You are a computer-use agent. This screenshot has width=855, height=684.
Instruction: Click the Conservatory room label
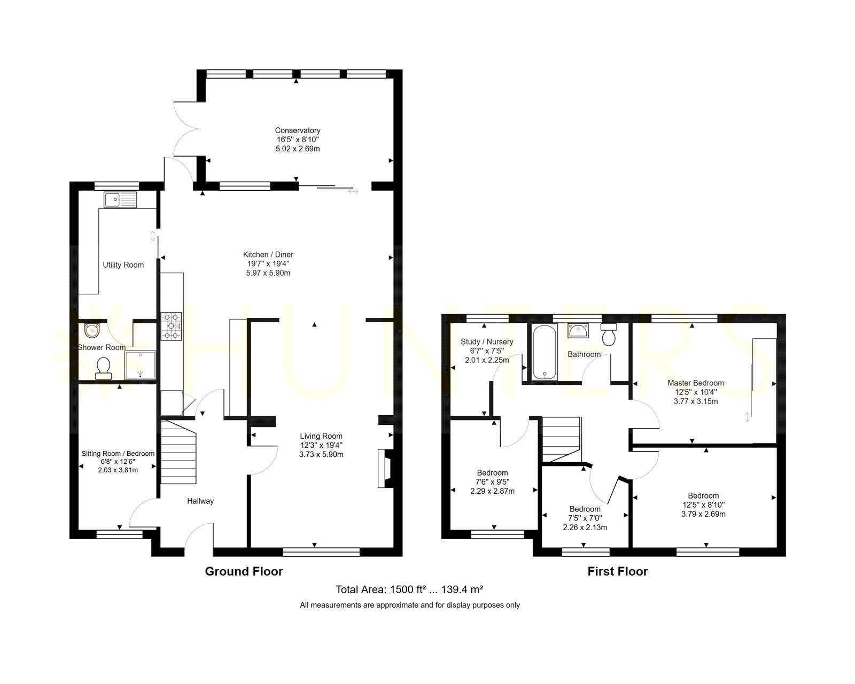[x=298, y=130]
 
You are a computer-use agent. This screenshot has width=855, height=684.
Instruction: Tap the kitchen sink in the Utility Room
[x=120, y=199]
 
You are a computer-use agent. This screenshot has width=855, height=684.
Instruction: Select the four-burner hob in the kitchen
[x=171, y=326]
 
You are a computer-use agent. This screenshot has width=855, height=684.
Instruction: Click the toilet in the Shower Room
[x=103, y=368]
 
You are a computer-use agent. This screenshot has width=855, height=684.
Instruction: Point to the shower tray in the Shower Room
[x=140, y=365]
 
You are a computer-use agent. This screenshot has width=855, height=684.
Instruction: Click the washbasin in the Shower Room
[x=92, y=330]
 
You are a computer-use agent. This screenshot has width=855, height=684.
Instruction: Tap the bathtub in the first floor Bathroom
[x=545, y=352]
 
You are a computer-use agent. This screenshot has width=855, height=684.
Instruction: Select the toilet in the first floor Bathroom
[x=609, y=334]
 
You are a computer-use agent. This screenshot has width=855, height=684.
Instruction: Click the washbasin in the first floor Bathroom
[x=578, y=331]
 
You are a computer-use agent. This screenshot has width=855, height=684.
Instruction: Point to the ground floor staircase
[x=178, y=452]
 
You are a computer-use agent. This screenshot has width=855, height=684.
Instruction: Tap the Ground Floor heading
[x=244, y=571]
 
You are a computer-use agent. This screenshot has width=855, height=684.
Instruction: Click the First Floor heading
[x=618, y=571]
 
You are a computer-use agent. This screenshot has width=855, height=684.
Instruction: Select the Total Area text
[x=409, y=589]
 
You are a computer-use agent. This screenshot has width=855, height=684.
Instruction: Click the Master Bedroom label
[x=696, y=383]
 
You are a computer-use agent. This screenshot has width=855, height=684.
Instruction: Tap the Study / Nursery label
[x=487, y=342]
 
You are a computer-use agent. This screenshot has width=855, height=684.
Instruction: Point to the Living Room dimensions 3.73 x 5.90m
[x=321, y=454]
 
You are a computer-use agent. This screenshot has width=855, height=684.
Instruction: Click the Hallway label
[x=200, y=501]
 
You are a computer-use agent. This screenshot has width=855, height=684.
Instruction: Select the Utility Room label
[x=123, y=265]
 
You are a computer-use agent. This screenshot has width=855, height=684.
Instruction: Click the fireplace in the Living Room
[x=385, y=468]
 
